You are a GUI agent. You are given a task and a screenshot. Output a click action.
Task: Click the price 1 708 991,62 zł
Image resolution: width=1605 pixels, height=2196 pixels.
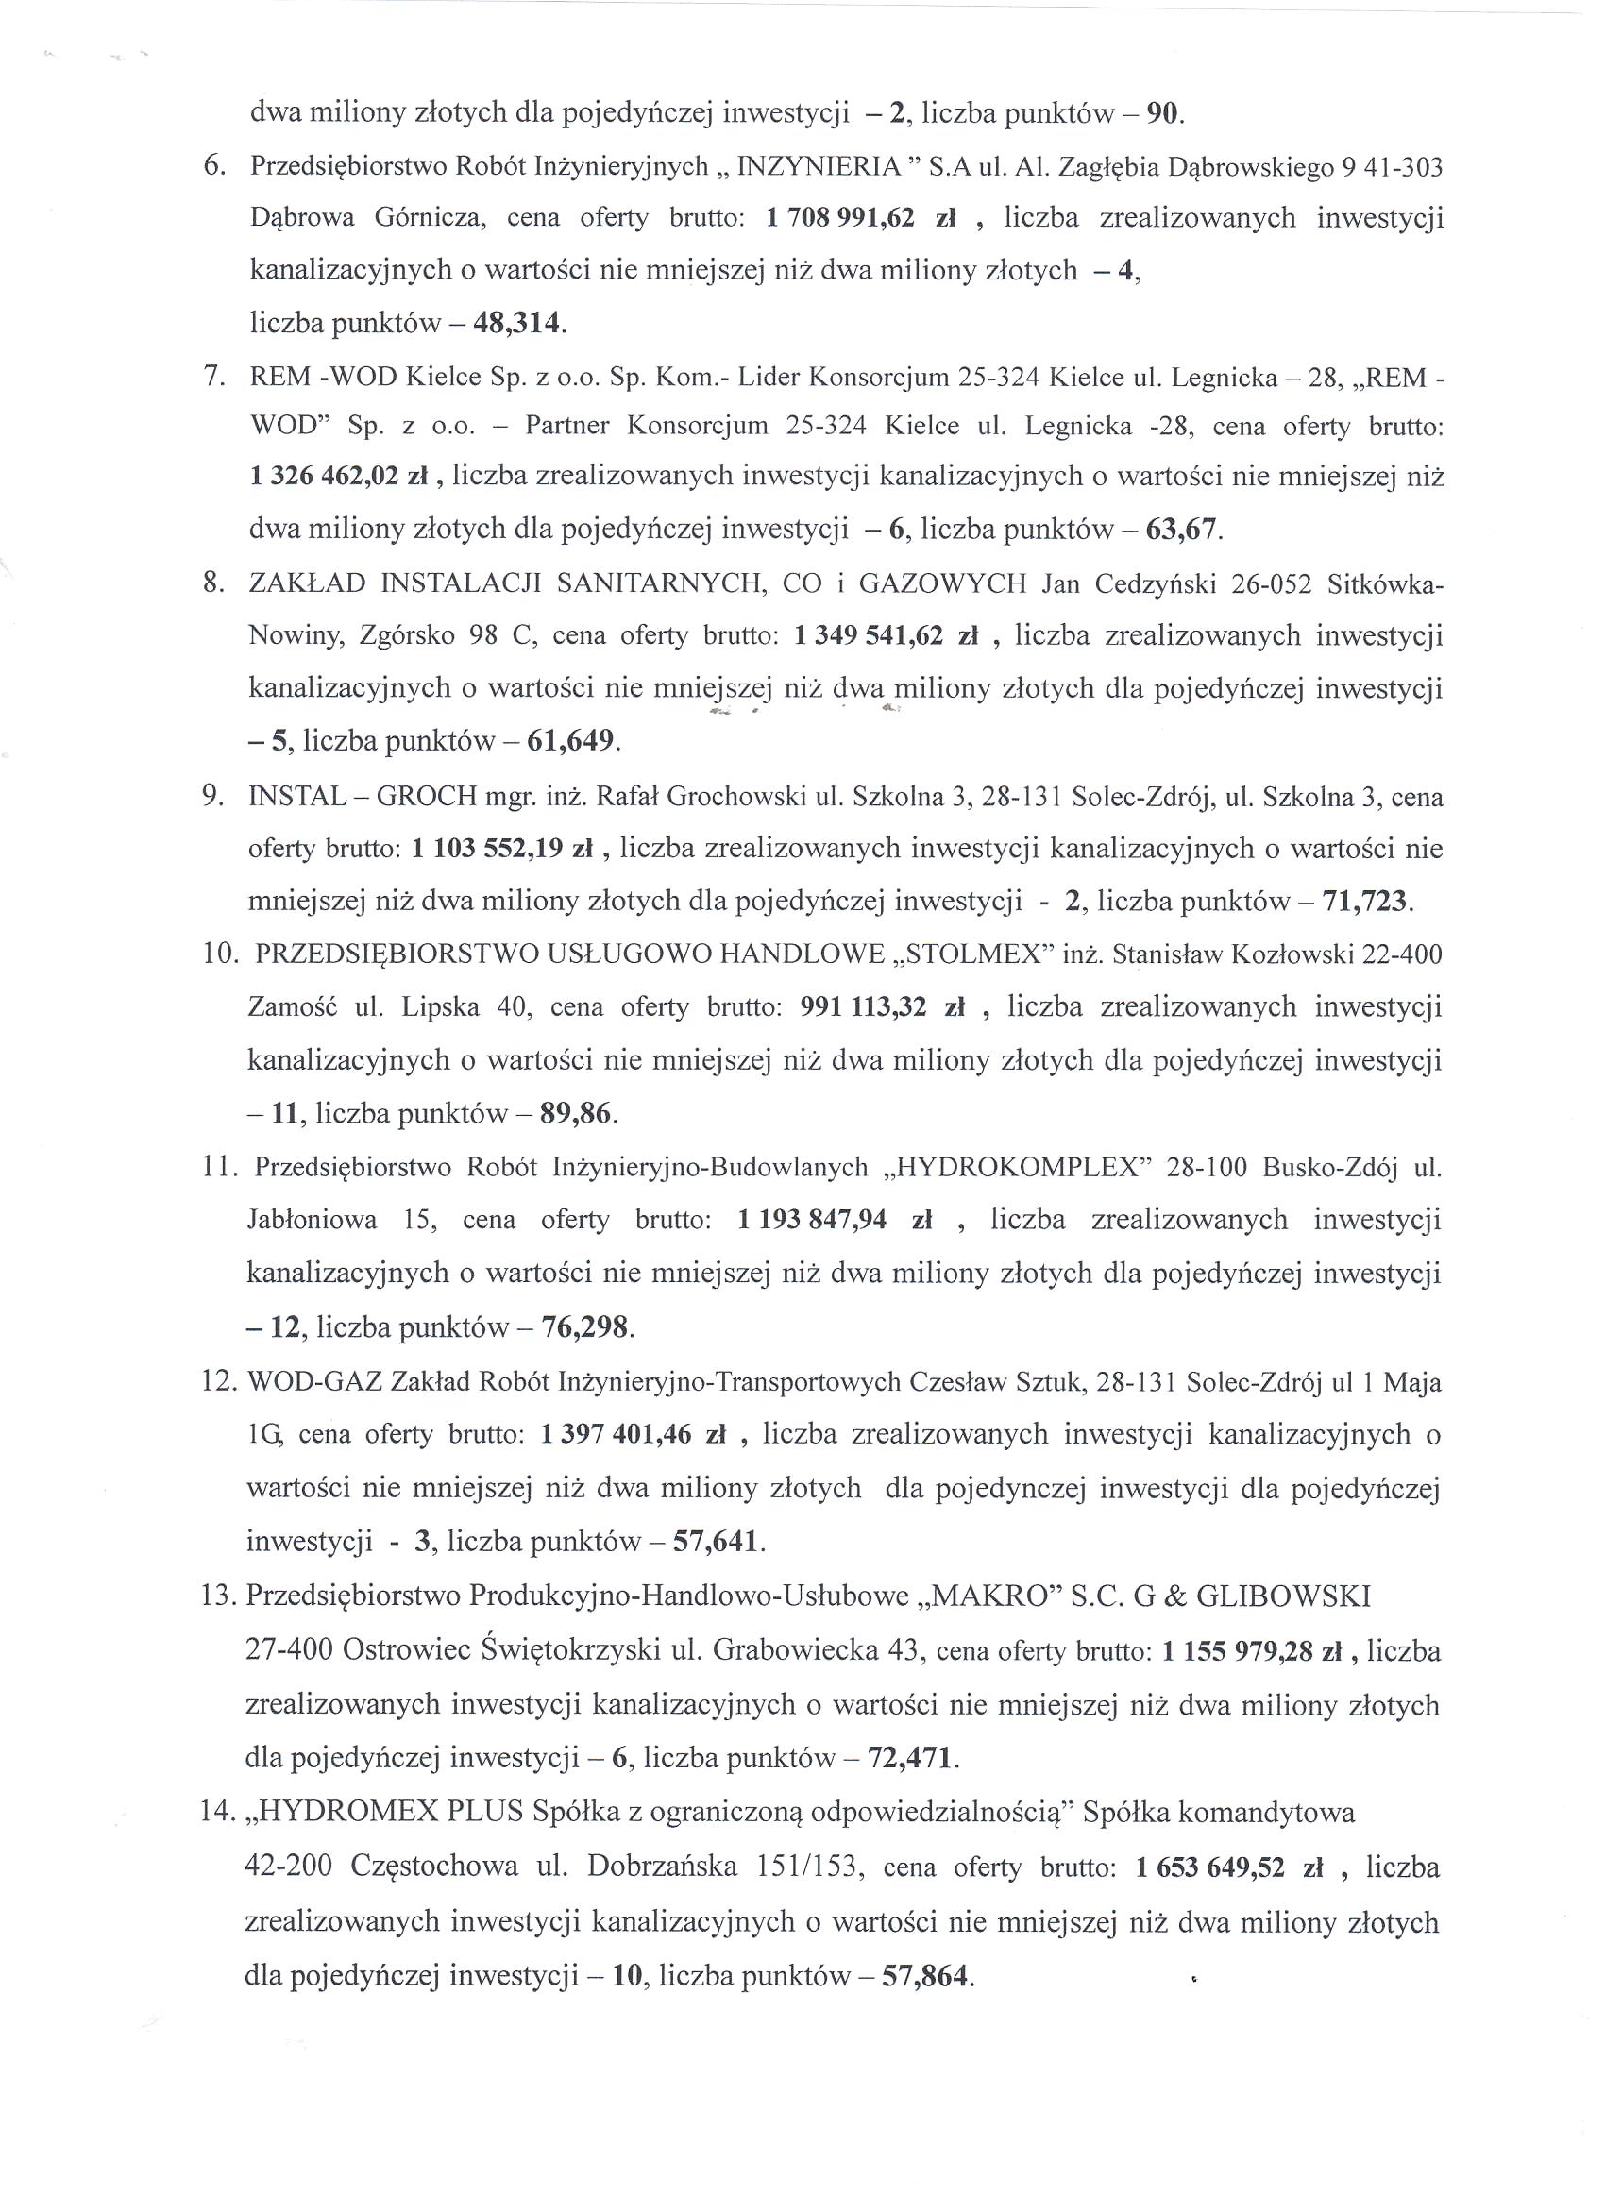coord(861,218)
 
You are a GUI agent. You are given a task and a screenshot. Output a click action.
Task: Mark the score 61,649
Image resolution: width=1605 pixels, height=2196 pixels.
coord(571,742)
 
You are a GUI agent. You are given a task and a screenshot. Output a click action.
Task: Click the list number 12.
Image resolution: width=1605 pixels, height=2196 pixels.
coord(220,1381)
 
